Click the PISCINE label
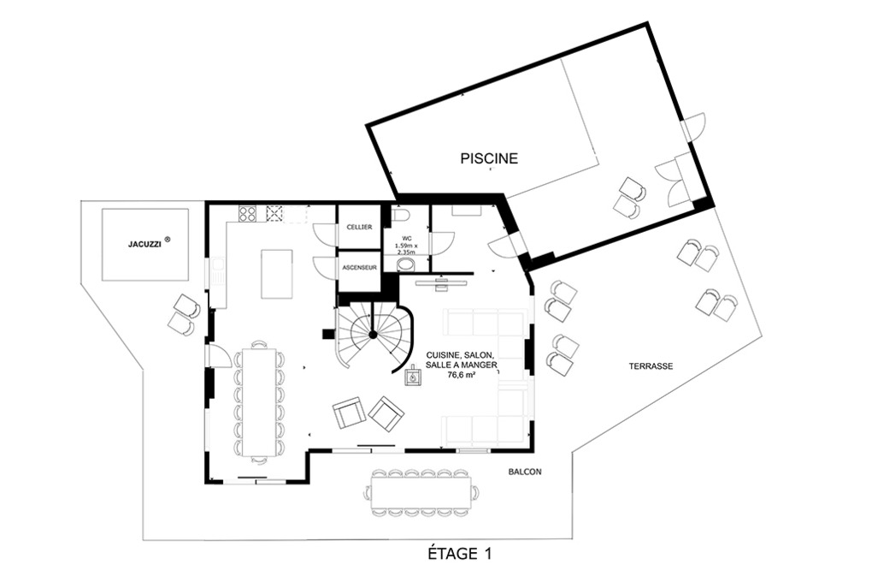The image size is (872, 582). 489,158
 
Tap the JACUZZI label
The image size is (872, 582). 145,244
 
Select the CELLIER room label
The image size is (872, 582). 359,227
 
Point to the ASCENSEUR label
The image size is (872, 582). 359,267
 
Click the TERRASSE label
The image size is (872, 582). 651,366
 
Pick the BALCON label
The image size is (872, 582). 524,472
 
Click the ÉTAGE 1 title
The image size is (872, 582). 459,554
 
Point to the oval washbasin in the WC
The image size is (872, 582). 408,264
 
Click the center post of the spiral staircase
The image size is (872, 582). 372,334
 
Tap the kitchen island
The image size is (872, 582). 277,274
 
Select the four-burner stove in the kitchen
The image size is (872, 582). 247,213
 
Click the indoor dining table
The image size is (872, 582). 259,402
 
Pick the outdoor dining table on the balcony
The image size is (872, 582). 421,492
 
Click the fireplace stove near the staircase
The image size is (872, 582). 413,377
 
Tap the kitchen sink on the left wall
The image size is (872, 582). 217,273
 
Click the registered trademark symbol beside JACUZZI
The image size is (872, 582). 168,240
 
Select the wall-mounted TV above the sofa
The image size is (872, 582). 442,282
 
